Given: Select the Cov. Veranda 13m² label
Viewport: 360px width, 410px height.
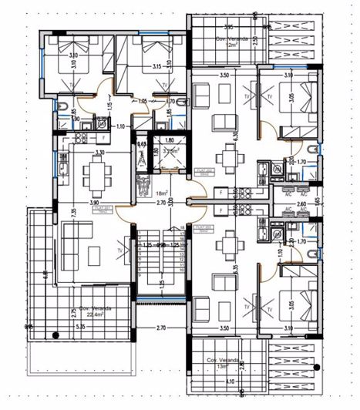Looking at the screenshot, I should (x=222, y=363).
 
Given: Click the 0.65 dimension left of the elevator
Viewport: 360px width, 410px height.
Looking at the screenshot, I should (x=142, y=143).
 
